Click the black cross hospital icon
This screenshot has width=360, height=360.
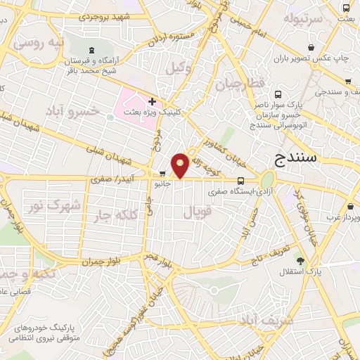pyautogui.click(x=152, y=101)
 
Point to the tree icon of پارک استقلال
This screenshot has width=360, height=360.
pyautogui.click(x=301, y=261)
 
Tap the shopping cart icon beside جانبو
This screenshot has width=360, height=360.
pyautogui.click(x=164, y=174)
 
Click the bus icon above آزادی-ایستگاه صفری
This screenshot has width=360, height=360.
pyautogui.click(x=240, y=180)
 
